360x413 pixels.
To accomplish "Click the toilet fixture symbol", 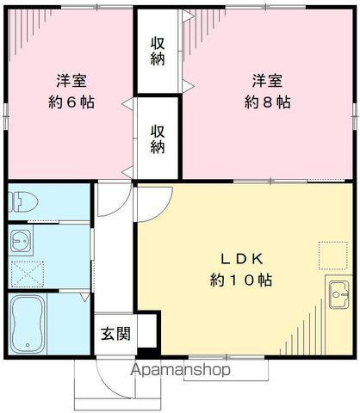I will click(x=22, y=202).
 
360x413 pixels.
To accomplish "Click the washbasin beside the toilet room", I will click(x=22, y=239).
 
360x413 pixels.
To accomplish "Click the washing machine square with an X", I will click(x=28, y=270).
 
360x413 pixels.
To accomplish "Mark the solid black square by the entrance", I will click(x=146, y=351).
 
